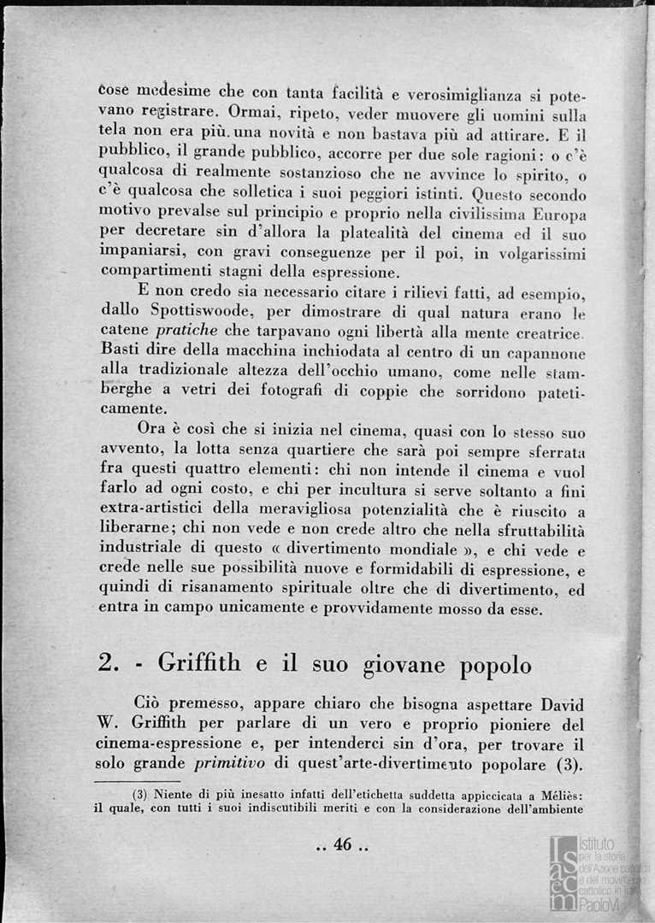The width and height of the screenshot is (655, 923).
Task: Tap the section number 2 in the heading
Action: (108, 665)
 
